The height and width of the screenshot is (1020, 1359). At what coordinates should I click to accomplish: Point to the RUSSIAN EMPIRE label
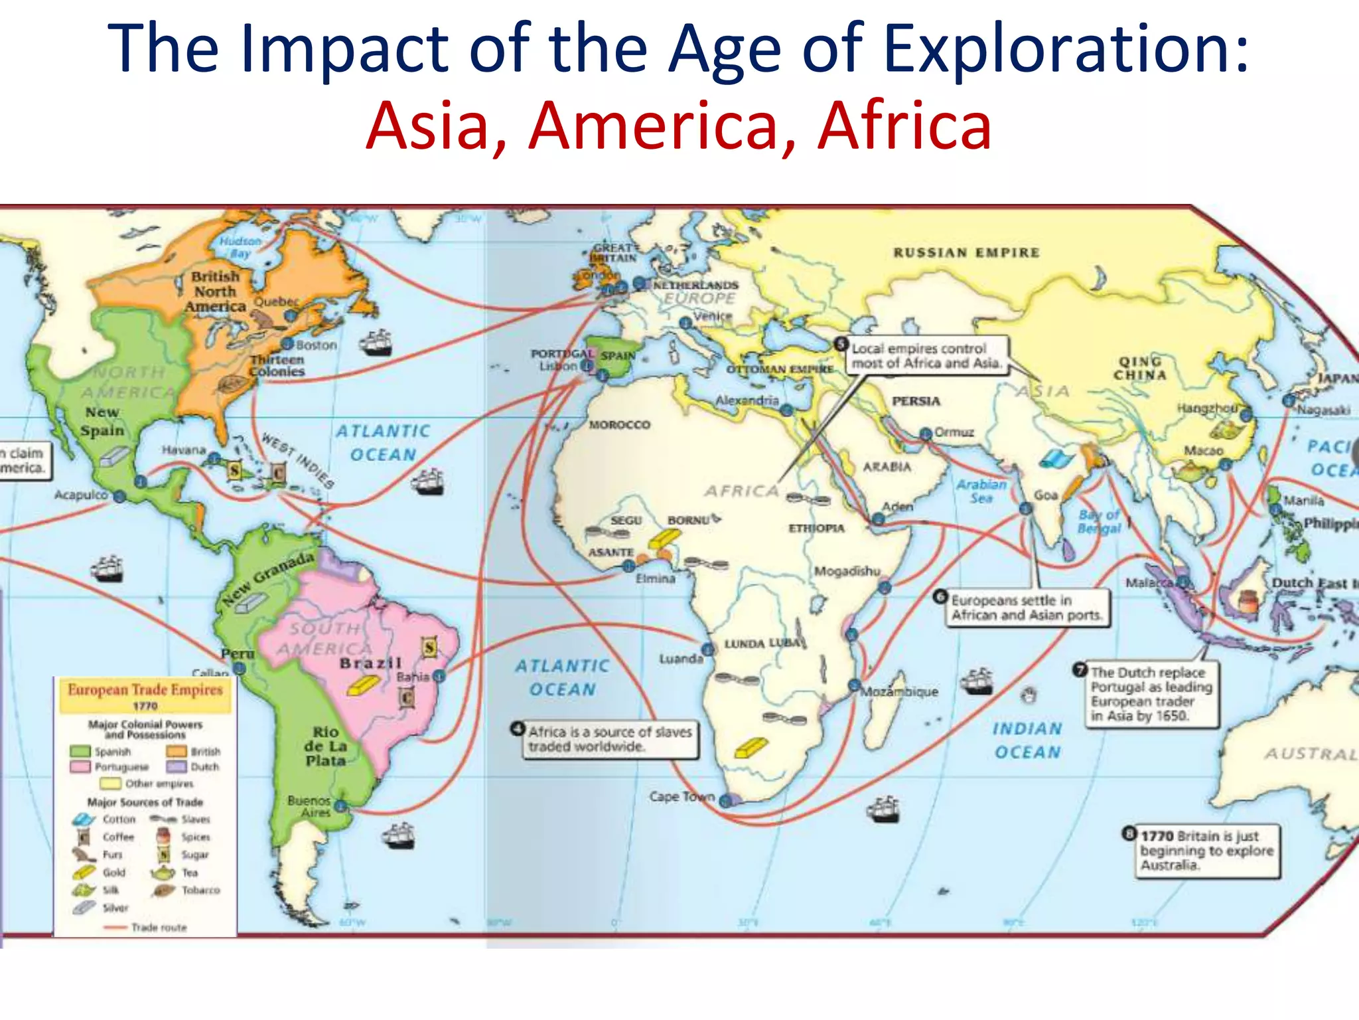point(966,252)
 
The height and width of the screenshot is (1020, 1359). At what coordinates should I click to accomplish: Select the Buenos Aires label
point(309,806)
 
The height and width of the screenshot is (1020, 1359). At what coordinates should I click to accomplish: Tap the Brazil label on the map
point(370,663)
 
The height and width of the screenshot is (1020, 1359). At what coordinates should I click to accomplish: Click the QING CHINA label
point(1140,368)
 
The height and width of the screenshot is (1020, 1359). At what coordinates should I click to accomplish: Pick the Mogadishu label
point(847,571)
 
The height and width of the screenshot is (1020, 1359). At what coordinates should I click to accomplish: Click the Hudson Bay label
point(240,247)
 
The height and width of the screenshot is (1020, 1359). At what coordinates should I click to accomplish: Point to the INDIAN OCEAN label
point(1027,740)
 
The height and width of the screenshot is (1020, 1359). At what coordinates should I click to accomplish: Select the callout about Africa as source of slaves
point(610,739)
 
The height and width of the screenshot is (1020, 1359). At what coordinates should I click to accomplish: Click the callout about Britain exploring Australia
point(1207,851)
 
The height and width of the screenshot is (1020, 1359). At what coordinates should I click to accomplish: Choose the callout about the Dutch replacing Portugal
point(1151,694)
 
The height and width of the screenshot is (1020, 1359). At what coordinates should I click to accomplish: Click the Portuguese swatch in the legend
point(80,767)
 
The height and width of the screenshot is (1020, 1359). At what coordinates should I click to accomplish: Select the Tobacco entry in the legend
point(200,891)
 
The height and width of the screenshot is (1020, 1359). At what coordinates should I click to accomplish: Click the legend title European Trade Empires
point(145,691)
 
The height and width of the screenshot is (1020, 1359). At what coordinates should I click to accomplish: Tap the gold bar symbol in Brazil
point(364,685)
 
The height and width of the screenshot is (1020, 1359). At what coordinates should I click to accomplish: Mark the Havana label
point(184,450)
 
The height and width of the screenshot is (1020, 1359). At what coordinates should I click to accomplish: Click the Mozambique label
point(899,691)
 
